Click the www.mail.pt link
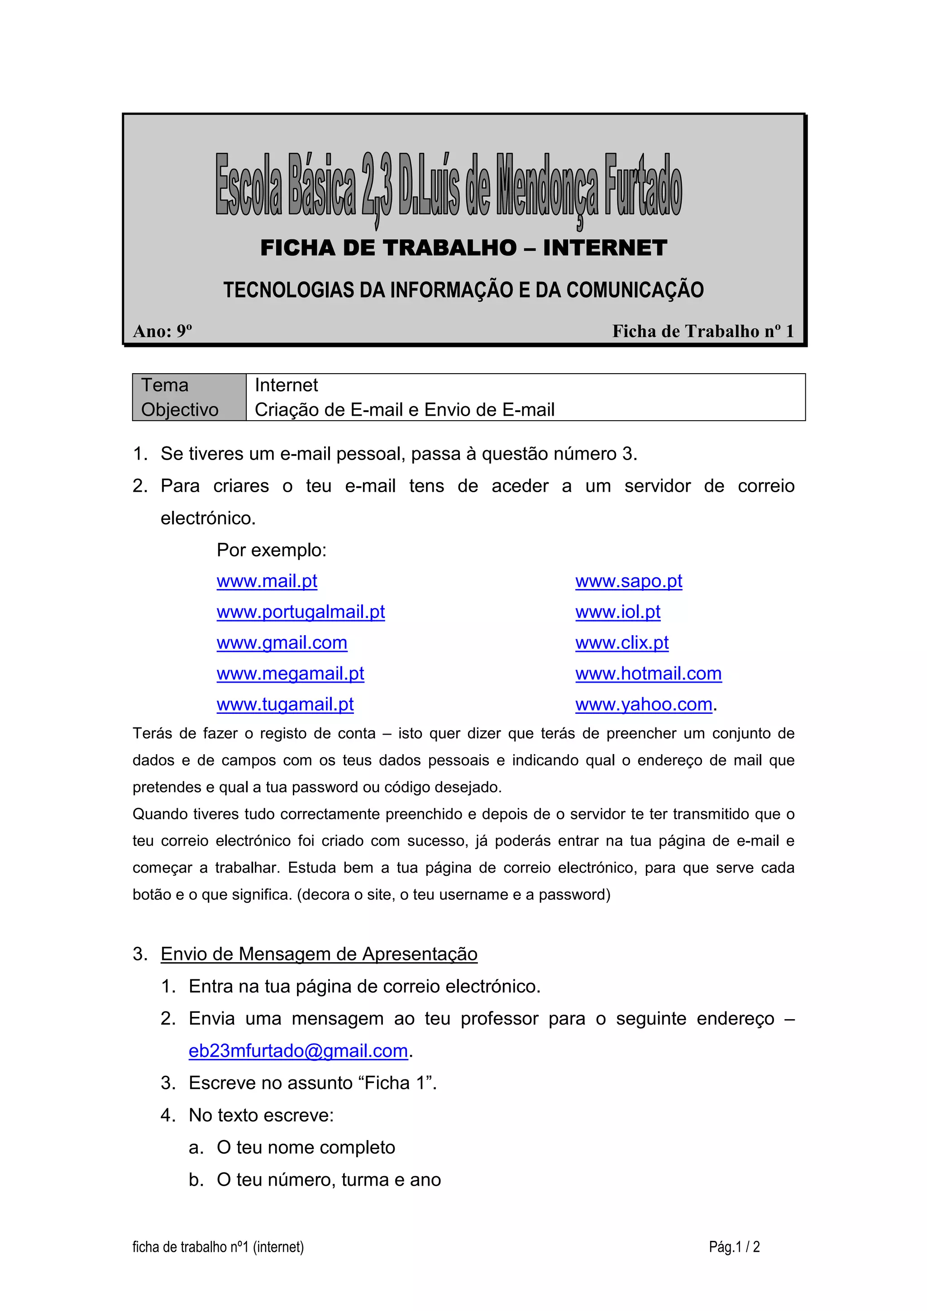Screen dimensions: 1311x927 point(267,581)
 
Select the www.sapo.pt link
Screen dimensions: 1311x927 point(628,581)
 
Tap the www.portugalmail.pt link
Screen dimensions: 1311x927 point(301,612)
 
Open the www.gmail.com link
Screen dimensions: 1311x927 point(282,643)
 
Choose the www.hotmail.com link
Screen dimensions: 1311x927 point(648,674)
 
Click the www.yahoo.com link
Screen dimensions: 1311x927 point(644,705)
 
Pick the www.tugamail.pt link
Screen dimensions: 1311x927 point(285,705)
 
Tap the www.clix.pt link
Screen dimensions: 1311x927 point(621,643)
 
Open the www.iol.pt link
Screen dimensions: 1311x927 point(617,612)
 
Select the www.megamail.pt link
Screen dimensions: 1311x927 point(290,674)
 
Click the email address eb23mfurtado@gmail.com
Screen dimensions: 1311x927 point(298,1051)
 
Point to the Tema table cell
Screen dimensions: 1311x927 point(165,385)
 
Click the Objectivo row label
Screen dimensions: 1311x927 point(180,410)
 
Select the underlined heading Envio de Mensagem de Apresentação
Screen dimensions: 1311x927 point(319,954)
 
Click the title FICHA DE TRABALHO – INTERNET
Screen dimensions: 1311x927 point(463,248)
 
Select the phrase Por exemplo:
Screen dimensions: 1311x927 point(271,551)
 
